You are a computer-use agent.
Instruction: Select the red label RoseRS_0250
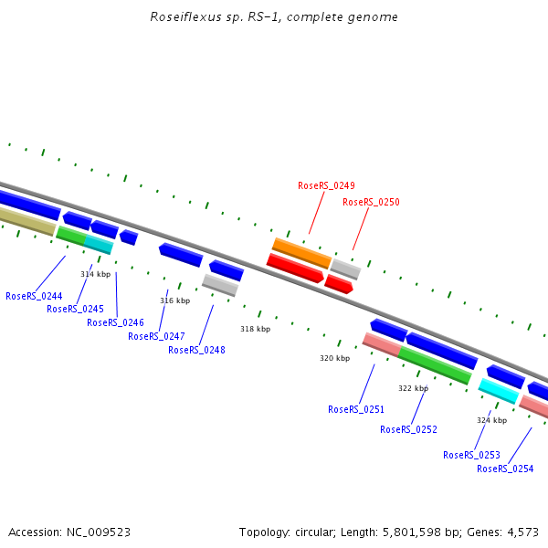(x=371, y=202)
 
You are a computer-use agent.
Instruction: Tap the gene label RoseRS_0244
(x=34, y=296)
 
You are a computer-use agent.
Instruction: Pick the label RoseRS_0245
(x=75, y=309)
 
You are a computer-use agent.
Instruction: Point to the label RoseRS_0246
(x=115, y=322)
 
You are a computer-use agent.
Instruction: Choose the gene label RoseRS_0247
(x=156, y=336)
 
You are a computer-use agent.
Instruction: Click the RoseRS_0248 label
(x=196, y=350)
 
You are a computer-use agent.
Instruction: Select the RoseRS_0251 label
(x=356, y=409)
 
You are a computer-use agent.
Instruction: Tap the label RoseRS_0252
(x=408, y=429)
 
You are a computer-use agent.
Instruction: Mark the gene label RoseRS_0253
(x=471, y=455)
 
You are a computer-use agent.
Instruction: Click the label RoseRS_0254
(x=505, y=469)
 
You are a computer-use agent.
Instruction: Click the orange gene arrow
(x=301, y=251)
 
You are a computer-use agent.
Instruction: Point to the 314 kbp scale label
(x=95, y=274)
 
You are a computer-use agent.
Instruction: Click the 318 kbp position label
(x=255, y=329)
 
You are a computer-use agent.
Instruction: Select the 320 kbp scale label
(x=334, y=359)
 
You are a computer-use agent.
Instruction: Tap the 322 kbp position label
(x=413, y=388)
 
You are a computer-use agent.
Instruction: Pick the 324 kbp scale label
(x=491, y=420)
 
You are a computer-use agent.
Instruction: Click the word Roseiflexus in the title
(x=184, y=17)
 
